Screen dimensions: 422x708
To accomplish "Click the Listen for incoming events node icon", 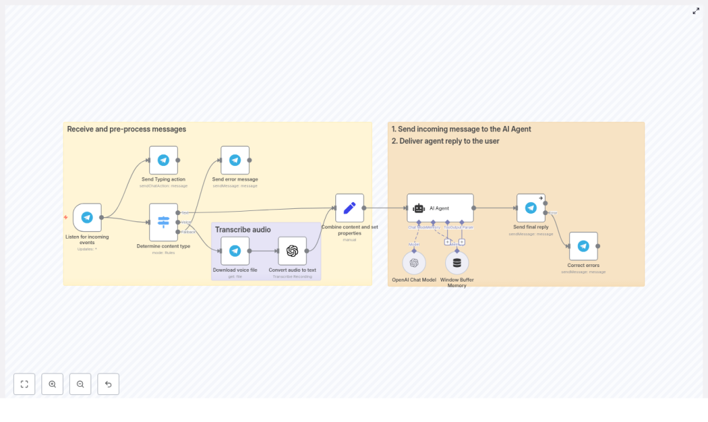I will (x=87, y=217).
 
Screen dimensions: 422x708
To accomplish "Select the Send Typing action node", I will (x=163, y=160).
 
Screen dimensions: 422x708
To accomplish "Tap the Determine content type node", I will (x=163, y=221).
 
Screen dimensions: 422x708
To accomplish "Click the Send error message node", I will (x=235, y=160).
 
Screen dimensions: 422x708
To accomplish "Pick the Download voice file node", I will (x=235, y=250).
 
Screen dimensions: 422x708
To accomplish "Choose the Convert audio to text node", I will (x=292, y=250).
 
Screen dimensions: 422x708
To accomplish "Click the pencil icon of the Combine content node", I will (x=349, y=208).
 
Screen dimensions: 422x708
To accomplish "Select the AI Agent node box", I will (x=440, y=208).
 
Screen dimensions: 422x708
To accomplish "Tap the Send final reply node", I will (x=531, y=208).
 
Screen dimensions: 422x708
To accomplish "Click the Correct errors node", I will (x=584, y=246).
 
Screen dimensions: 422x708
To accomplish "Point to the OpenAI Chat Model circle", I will (x=414, y=263).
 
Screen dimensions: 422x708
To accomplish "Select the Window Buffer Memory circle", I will (x=457, y=263).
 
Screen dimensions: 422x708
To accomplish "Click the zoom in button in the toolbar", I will (x=53, y=384).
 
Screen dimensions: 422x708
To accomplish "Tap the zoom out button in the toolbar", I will (x=80, y=384).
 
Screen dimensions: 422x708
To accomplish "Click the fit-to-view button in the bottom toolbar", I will (x=24, y=384).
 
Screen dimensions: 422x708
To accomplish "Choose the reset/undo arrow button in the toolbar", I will (x=109, y=384).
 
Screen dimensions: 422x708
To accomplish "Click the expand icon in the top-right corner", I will (x=696, y=11).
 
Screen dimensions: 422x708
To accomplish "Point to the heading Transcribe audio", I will (x=243, y=230).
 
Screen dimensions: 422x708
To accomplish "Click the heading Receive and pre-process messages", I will (x=127, y=129).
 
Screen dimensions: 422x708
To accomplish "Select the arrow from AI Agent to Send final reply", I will (x=495, y=208).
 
